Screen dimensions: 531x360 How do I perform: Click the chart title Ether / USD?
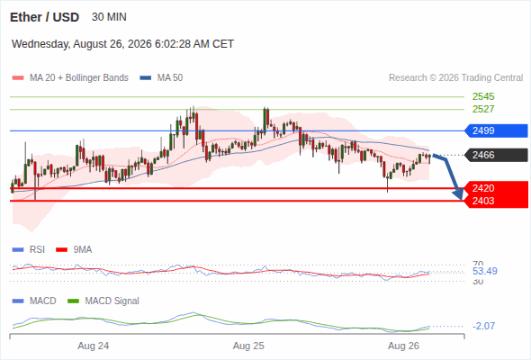[x=44, y=17]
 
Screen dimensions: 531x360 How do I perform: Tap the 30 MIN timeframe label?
[x=109, y=17]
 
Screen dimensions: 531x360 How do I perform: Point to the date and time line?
[x=122, y=44]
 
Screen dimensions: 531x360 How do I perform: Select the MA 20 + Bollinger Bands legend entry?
[x=70, y=78]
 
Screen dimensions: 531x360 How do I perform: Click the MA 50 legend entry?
[x=161, y=78]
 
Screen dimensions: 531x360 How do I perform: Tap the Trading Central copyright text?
[x=455, y=78]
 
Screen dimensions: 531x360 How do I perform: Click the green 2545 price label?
[x=483, y=96]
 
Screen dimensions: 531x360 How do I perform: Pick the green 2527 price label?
[x=483, y=109]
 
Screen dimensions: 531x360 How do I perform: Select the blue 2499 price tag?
[x=496, y=130]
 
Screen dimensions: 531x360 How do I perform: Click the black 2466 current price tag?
[x=496, y=155]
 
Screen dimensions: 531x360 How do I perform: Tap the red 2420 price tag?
[x=496, y=188]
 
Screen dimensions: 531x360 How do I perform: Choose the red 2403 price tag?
[x=496, y=201]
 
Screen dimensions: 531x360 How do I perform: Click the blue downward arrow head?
[x=458, y=194]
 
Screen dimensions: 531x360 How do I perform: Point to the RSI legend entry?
[x=29, y=249]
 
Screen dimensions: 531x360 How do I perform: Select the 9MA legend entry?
[x=74, y=249]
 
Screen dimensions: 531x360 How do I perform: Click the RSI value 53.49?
[x=485, y=271]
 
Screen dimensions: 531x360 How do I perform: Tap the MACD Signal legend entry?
[x=103, y=301]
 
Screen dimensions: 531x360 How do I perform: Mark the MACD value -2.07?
[x=483, y=326]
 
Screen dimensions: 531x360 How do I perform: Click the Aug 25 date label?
[x=248, y=346]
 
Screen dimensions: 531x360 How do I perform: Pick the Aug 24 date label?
[x=93, y=346]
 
